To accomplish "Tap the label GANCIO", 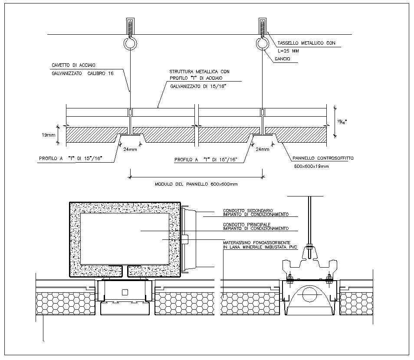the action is (282, 59).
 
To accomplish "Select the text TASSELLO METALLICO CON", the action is (306, 43).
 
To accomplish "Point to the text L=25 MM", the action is (288, 51).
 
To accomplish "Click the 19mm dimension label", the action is (48, 135).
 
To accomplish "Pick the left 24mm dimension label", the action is (130, 149).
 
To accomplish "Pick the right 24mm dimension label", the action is (262, 149).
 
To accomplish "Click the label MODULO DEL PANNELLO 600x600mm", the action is (196, 184).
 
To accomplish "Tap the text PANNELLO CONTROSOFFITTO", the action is (323, 158).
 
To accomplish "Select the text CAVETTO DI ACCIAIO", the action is (74, 65).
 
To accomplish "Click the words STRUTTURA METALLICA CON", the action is (199, 72).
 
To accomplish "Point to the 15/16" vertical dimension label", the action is (342, 122).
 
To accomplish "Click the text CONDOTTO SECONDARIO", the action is (248, 211).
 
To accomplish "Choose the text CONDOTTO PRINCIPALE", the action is (246, 225).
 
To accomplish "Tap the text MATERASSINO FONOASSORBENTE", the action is (256, 242).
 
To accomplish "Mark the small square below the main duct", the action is (125, 292).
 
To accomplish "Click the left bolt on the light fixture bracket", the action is (289, 279).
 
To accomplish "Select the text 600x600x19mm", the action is (311, 167).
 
